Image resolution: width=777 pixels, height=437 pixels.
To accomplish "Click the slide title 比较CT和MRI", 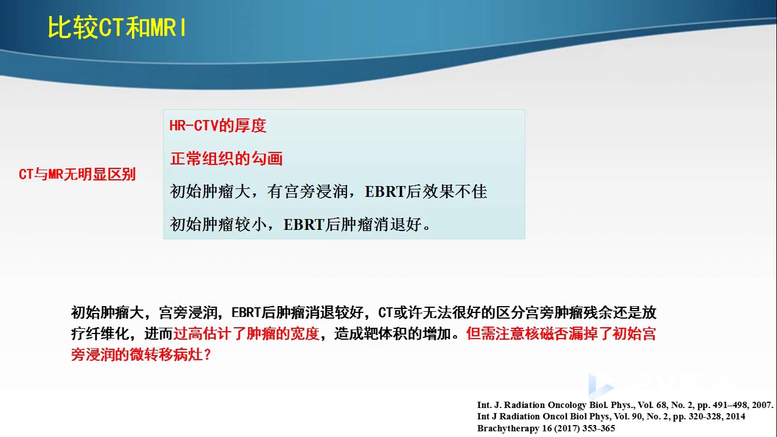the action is point(117,27).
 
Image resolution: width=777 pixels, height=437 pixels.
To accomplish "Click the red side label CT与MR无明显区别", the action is point(77,174).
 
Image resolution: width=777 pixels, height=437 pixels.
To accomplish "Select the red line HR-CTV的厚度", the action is point(217,126).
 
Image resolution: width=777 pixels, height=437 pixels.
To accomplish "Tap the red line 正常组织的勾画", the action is point(226,159).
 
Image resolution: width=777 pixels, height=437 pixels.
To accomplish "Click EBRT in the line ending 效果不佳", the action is point(385,192).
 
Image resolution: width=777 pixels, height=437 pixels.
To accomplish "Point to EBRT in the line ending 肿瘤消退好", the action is point(304,225).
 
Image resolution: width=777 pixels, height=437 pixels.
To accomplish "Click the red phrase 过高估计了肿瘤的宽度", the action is point(246,334).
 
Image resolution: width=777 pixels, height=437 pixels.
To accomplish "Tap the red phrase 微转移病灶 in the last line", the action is point(166,354).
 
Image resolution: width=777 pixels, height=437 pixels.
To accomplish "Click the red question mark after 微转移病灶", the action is point(208,355).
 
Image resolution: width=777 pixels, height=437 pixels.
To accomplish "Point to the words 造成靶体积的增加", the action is point(392,334).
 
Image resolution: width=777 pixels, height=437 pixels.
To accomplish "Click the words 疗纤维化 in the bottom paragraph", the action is point(100,334).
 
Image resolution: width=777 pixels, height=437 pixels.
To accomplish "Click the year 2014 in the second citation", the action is point(735,417).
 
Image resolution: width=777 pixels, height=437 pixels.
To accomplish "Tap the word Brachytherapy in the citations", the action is point(508,428).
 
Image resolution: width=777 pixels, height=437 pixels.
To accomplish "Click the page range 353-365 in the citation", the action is point(599,428).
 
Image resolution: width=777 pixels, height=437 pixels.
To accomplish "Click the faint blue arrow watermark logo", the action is point(601,385).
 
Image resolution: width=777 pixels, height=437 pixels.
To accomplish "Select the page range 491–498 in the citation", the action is point(730,405).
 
